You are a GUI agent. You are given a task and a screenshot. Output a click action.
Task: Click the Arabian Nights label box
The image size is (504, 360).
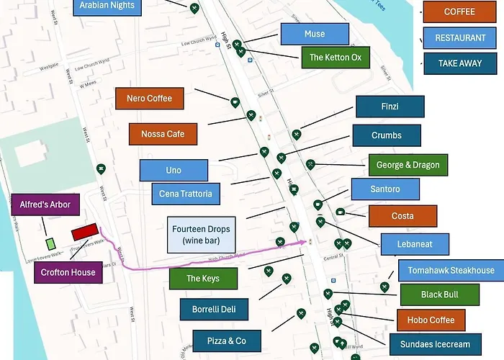[x=107, y=6]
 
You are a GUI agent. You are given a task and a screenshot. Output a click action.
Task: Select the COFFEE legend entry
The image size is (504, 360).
[x=459, y=12]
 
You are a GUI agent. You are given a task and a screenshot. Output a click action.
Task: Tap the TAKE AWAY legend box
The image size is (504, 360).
[x=459, y=63]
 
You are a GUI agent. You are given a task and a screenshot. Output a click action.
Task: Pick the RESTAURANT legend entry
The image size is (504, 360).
[x=459, y=38]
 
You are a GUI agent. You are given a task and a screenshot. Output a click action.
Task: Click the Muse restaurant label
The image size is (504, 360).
[x=315, y=34]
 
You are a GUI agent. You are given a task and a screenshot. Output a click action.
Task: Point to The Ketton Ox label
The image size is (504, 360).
[x=336, y=58]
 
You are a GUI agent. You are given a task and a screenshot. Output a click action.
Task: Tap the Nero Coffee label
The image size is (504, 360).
[x=149, y=99]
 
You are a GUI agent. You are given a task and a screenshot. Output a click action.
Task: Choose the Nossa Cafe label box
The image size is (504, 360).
[x=163, y=134]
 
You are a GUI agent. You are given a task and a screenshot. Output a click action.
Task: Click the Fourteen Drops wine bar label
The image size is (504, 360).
[x=201, y=235]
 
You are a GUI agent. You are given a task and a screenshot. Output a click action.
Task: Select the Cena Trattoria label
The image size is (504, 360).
[x=186, y=194]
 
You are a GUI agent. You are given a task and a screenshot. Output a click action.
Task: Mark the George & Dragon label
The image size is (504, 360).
[x=408, y=165]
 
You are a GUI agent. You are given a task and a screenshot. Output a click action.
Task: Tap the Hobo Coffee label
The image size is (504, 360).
[x=431, y=320]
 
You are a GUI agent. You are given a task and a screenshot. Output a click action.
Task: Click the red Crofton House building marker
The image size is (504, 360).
[x=84, y=232]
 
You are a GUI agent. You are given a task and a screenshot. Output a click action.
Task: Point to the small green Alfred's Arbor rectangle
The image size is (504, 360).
[x=50, y=244]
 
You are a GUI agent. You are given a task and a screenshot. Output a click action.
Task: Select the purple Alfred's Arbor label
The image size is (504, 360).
[x=45, y=204]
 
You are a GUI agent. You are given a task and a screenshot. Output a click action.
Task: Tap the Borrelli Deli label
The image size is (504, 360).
[x=214, y=310]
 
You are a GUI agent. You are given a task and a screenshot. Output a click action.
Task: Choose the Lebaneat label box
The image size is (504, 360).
[x=415, y=244]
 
